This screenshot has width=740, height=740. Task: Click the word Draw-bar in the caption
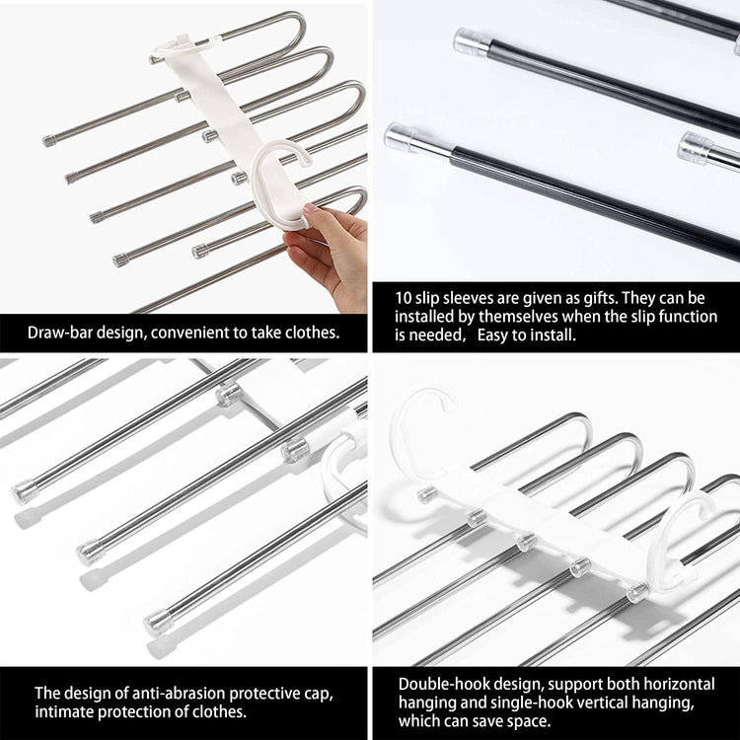coord(62,333)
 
